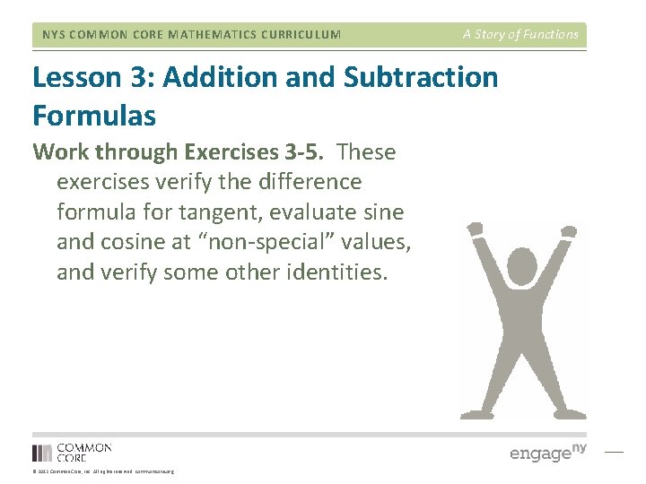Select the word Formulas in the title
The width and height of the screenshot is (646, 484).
[x=94, y=116]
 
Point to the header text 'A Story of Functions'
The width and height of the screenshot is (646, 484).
[x=520, y=35]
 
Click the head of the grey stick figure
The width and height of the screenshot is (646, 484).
[x=521, y=266]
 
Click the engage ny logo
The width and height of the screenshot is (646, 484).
[x=547, y=452]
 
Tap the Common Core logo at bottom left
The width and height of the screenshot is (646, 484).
[x=72, y=452]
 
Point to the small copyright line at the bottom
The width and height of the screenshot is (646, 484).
[x=102, y=471]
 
